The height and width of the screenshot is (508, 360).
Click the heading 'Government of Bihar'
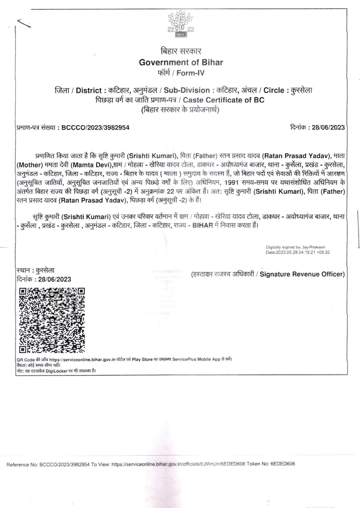[x=181, y=62]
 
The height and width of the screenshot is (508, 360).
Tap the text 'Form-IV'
[x=190, y=73]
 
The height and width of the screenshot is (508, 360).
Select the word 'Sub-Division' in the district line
[x=187, y=90]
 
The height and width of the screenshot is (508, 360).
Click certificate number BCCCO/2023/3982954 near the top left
[x=95, y=128]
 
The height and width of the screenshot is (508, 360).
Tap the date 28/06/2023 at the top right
[x=328, y=128]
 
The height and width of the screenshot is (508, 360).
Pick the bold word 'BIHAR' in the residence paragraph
[x=203, y=225]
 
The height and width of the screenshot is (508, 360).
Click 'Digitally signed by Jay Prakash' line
[x=295, y=247]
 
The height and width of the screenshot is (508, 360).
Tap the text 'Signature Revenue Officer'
[x=302, y=274]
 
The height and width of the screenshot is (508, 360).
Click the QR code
[x=52, y=320]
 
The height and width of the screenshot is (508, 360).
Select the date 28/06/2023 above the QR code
[x=55, y=279]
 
